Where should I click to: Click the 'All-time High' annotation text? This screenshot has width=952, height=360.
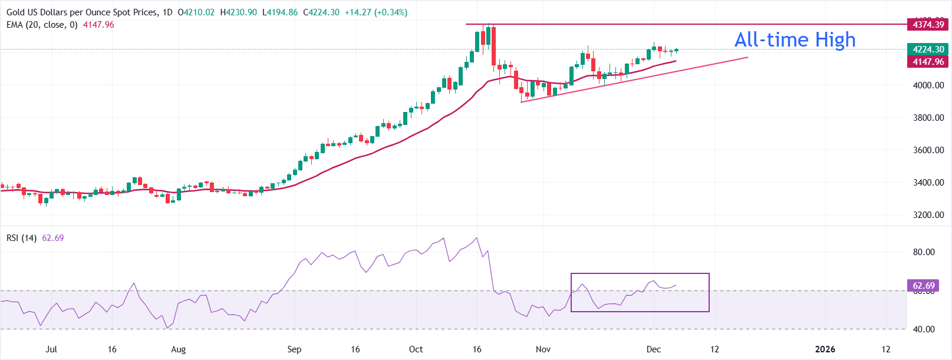(795, 39)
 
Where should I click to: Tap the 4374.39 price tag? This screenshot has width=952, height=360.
(928, 25)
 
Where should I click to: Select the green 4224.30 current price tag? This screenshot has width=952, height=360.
(928, 49)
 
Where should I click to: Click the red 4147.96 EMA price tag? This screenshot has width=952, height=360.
(928, 62)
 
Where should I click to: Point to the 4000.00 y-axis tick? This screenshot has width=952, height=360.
(928, 85)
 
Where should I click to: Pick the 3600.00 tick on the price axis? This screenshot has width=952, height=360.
(928, 150)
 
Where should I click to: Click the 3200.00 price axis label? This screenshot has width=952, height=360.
(928, 215)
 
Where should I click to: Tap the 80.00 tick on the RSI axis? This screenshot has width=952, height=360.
(924, 252)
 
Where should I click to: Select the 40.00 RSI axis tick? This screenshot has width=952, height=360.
(924, 329)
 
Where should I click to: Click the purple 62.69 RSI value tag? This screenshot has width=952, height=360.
(924, 286)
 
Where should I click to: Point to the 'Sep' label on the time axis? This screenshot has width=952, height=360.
(294, 349)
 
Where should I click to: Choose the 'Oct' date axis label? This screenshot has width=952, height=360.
(416, 349)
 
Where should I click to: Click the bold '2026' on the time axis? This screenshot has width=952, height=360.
(825, 349)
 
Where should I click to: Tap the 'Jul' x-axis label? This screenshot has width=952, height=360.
(51, 349)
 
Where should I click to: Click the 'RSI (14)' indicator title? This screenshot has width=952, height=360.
(22, 238)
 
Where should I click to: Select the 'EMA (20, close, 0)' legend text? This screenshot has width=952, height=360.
(42, 25)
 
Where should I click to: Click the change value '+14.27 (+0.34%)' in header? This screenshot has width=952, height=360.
(376, 12)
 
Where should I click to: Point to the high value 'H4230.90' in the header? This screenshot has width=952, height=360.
(238, 12)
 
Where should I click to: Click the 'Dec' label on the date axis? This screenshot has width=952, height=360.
(653, 349)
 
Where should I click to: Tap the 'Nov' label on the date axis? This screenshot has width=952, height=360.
(543, 349)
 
